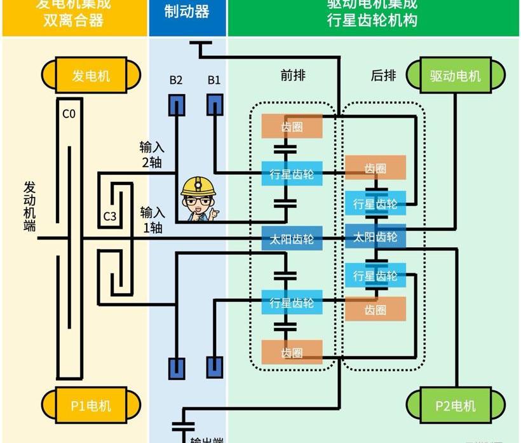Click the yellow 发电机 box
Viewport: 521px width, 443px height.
91,76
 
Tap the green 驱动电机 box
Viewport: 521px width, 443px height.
455,76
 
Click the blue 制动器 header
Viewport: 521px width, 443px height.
187,11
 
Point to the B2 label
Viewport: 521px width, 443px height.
176,80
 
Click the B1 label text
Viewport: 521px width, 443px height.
214,80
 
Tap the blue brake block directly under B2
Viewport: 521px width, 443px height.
176,105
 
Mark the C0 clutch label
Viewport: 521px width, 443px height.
69,114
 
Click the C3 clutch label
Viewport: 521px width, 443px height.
110,217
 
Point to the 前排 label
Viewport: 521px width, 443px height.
293,75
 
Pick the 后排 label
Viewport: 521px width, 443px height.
383,75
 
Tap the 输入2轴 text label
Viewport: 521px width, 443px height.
152,154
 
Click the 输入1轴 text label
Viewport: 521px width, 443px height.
152,219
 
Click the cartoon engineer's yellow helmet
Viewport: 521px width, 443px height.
196,186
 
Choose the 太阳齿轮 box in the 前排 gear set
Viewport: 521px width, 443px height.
292,240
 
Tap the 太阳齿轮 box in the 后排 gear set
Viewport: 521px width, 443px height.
375,237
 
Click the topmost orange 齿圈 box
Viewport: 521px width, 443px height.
292,126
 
